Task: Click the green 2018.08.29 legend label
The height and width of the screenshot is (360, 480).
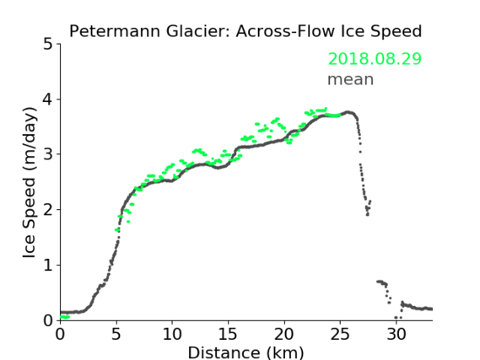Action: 375,59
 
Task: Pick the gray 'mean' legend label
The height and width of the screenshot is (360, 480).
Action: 351,79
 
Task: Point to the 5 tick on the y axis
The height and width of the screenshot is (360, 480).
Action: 48,44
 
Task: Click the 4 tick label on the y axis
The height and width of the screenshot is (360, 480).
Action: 48,99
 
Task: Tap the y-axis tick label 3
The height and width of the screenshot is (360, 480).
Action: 48,154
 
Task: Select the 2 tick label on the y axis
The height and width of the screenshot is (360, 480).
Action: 48,210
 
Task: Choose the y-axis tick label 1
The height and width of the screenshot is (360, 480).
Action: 48,266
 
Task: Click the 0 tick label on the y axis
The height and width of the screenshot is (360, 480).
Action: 48,320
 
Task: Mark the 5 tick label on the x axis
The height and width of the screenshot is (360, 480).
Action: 116,334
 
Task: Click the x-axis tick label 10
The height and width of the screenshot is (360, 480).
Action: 172,334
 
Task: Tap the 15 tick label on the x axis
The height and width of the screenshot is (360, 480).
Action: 228,334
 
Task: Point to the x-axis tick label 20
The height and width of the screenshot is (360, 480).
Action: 284,334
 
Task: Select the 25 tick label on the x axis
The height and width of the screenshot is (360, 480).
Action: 340,334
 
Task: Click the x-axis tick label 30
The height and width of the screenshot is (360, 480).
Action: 396,334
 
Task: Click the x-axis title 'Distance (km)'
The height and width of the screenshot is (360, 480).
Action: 245,352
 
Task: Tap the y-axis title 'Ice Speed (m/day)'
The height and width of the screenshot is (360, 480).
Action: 30,182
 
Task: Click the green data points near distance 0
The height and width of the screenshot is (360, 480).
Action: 65,317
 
